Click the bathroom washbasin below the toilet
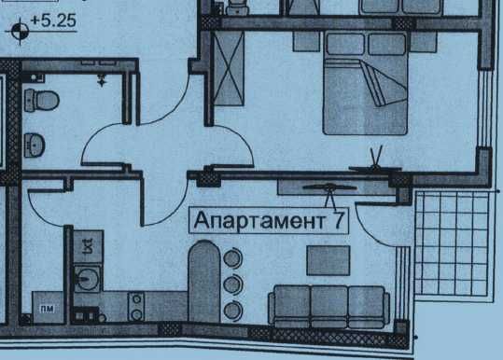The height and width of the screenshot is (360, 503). [x=35, y=144]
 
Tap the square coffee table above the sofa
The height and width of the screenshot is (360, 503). [x=328, y=259]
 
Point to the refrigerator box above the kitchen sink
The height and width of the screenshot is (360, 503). [x=85, y=245]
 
